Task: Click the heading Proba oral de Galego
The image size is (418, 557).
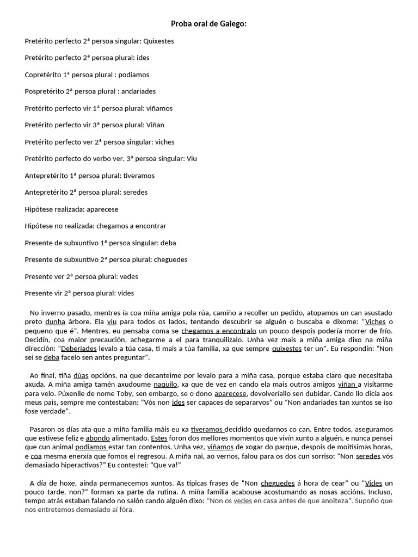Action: [209, 23]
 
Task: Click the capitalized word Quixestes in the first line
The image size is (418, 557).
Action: [158, 41]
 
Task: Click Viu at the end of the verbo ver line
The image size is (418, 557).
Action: [192, 158]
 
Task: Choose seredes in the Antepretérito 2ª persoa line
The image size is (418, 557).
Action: [135, 192]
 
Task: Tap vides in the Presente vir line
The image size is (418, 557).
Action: [126, 293]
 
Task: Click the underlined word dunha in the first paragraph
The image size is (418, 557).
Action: [55, 321]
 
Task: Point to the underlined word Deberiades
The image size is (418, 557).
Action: [79, 349]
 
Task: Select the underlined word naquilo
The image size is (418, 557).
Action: [165, 385]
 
